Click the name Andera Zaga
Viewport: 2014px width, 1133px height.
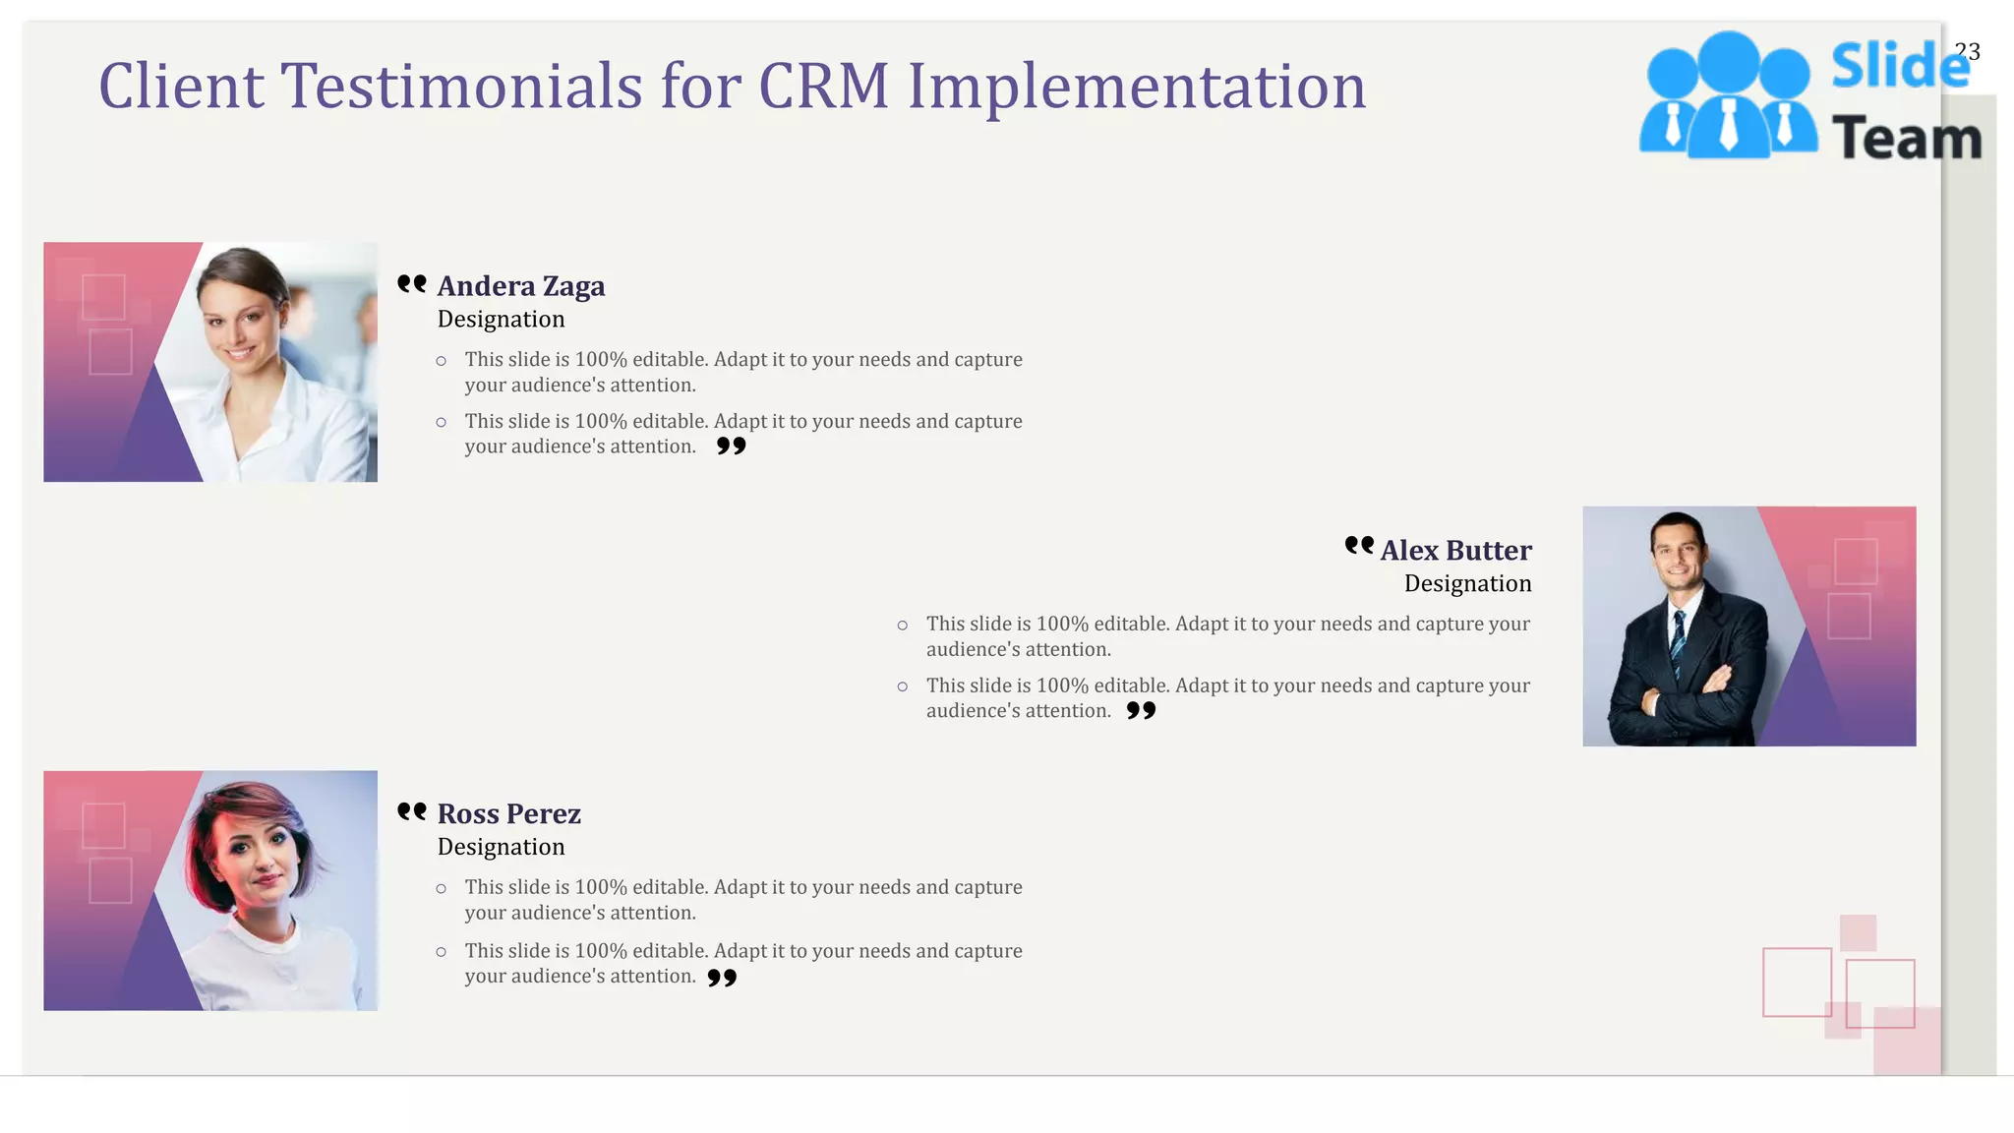tap(520, 286)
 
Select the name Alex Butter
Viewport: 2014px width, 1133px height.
tap(1455, 551)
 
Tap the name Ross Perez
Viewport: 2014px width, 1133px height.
tap(508, 814)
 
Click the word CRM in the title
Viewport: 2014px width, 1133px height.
tap(823, 87)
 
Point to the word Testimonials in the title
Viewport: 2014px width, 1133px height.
tap(462, 87)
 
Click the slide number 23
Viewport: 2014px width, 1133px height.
tap(1967, 51)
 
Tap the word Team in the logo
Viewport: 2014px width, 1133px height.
tap(1906, 138)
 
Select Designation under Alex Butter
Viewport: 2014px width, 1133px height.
tap(1467, 584)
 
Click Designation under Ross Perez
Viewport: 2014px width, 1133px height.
tap(501, 848)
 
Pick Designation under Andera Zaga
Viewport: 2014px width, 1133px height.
tap(501, 320)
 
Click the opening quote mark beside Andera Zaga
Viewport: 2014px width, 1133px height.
tap(412, 284)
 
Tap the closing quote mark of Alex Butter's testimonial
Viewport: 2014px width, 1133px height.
tap(1141, 710)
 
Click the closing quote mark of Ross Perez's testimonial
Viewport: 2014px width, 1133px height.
tap(722, 978)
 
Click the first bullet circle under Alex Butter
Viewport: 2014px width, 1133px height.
tap(903, 626)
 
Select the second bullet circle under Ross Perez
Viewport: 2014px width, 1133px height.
tap(442, 952)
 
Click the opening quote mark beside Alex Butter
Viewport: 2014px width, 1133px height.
tap(1359, 545)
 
